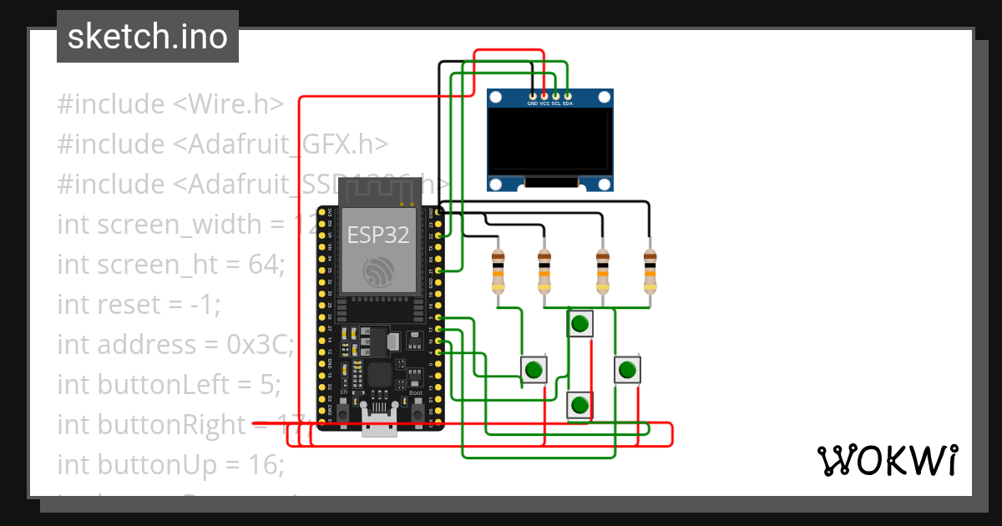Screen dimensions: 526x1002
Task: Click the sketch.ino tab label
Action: click(147, 37)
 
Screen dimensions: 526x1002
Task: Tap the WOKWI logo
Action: click(887, 460)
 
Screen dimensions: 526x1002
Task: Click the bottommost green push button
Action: click(579, 406)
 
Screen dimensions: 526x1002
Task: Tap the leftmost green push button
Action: click(534, 369)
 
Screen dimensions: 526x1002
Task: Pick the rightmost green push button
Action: click(627, 369)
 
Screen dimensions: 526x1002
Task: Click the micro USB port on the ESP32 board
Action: click(379, 426)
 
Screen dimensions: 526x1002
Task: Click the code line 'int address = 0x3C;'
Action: click(175, 344)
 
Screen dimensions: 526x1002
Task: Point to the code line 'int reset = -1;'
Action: click(139, 305)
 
